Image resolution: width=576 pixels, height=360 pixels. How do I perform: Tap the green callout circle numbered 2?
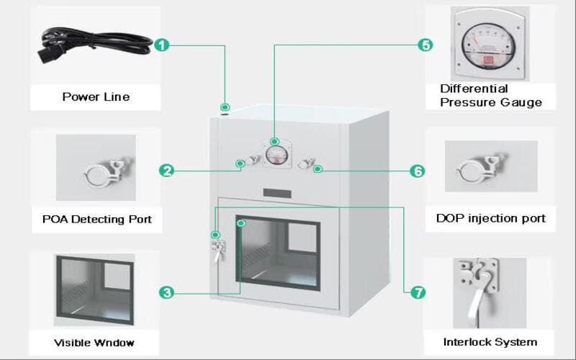coord(166,171)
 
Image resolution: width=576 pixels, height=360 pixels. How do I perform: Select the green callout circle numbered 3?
coord(166,292)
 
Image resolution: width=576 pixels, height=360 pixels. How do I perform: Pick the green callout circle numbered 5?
coord(426,45)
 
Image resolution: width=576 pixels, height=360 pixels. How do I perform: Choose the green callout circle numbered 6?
coord(417,171)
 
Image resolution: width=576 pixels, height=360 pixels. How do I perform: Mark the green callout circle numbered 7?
coord(418,292)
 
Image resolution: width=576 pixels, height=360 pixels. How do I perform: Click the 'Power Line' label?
coord(96,96)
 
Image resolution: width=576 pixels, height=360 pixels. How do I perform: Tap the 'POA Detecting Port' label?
coord(92,219)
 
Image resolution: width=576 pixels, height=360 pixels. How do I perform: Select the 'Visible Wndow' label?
coord(94,342)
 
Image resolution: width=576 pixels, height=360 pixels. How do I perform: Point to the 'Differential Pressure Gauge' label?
coord(490,96)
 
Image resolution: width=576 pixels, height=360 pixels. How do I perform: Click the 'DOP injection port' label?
coord(490,218)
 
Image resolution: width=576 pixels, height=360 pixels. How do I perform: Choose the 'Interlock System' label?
coord(490,341)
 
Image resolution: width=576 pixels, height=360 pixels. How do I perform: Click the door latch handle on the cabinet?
coord(218,248)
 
